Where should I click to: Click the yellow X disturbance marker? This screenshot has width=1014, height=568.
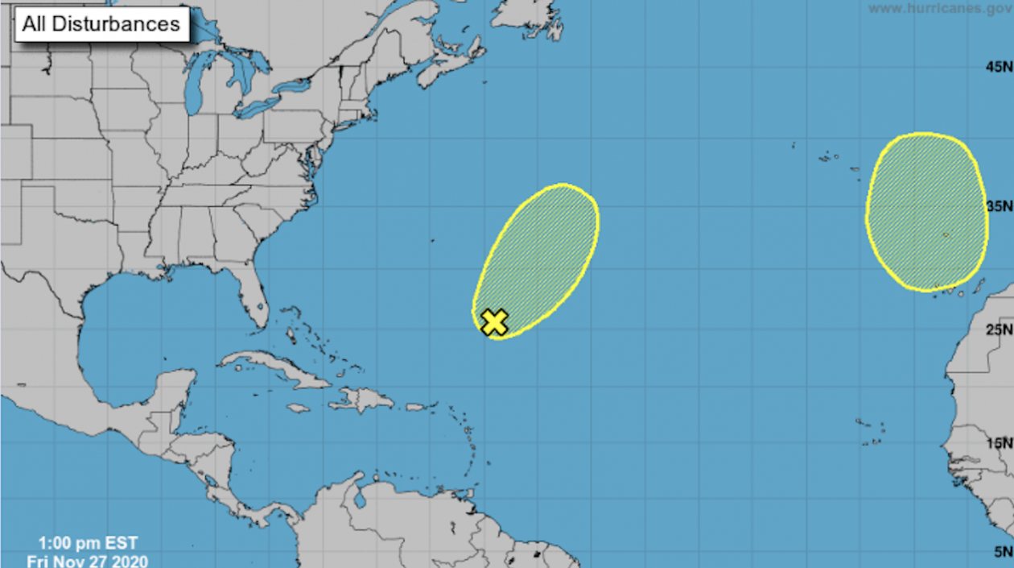[x=495, y=321]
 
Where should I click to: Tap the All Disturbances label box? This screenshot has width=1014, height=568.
[x=101, y=23]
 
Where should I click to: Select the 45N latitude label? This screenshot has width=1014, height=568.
[x=998, y=66]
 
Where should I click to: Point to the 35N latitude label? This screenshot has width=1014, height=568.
[x=998, y=206]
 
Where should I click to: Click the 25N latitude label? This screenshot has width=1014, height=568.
[x=998, y=329]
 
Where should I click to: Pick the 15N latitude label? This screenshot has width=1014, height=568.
[x=998, y=443]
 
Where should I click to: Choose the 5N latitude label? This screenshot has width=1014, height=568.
[x=1002, y=551]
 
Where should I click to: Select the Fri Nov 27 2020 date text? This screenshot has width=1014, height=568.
[x=87, y=560]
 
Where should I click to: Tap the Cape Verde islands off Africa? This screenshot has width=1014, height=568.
[x=871, y=433]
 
